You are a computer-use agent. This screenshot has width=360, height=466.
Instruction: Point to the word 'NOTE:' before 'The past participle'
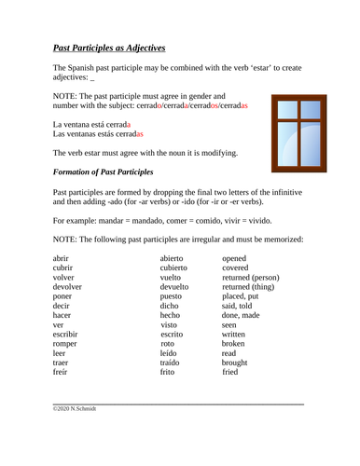pos(67,96)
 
